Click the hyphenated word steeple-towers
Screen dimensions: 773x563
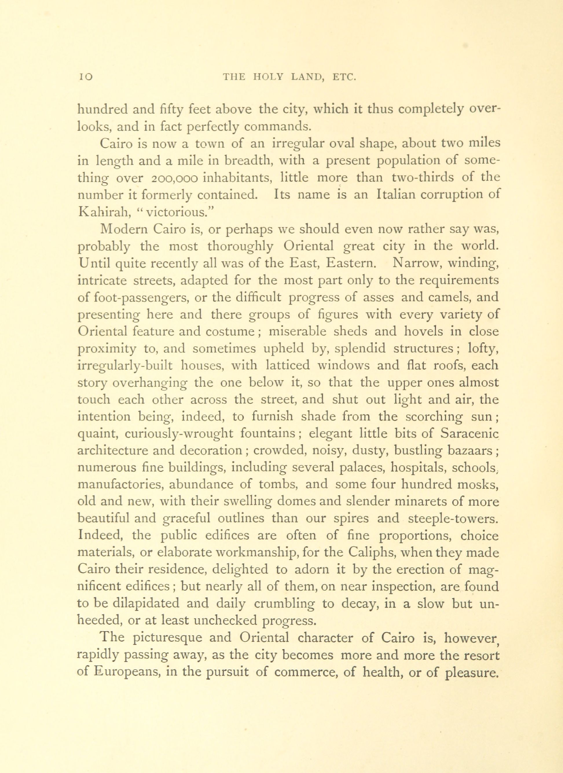(x=453, y=519)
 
